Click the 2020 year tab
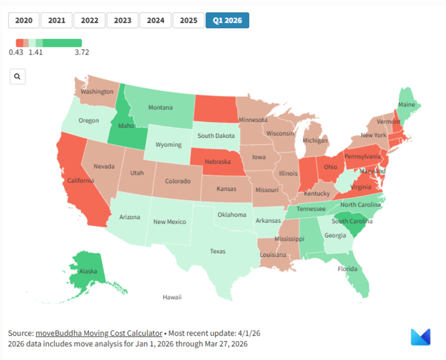[x=24, y=20]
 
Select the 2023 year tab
[x=123, y=20]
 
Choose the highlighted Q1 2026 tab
[x=227, y=20]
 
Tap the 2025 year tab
[x=189, y=20]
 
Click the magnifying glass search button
[x=17, y=76]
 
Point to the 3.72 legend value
[x=81, y=52]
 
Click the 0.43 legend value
[x=16, y=52]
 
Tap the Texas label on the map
[x=218, y=251]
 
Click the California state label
[x=80, y=181]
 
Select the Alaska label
[x=88, y=271]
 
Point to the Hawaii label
[x=172, y=297]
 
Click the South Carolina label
[x=352, y=221]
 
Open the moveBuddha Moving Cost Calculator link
[x=99, y=333]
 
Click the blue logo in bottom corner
[x=420, y=337]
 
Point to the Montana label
[x=160, y=107]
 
